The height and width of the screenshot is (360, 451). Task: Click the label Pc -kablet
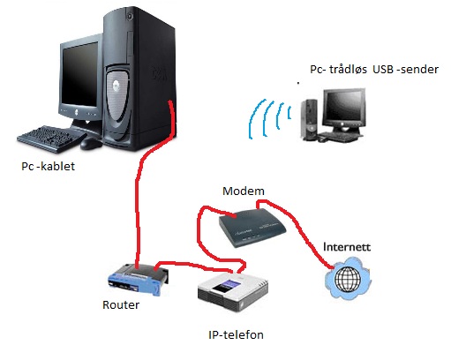click(49, 166)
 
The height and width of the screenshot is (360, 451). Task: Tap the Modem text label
click(244, 191)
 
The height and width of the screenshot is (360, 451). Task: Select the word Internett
click(347, 246)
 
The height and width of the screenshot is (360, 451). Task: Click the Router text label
click(121, 304)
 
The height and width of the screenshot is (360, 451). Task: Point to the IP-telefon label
click(236, 334)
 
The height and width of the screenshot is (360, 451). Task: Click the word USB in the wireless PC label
click(383, 70)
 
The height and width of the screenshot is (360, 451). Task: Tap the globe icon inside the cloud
click(348, 279)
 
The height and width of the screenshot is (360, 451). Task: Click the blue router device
click(139, 279)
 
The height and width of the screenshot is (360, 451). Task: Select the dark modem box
click(252, 228)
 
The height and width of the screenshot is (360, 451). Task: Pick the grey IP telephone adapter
click(233, 292)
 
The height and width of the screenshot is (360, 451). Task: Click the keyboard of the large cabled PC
click(50, 139)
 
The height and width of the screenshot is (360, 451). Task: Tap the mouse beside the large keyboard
click(91, 143)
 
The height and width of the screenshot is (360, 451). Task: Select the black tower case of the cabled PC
click(139, 79)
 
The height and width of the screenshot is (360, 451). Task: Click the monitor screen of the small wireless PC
click(343, 108)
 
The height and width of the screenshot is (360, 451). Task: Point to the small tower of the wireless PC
click(309, 120)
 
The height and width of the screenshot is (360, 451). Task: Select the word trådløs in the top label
click(348, 70)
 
